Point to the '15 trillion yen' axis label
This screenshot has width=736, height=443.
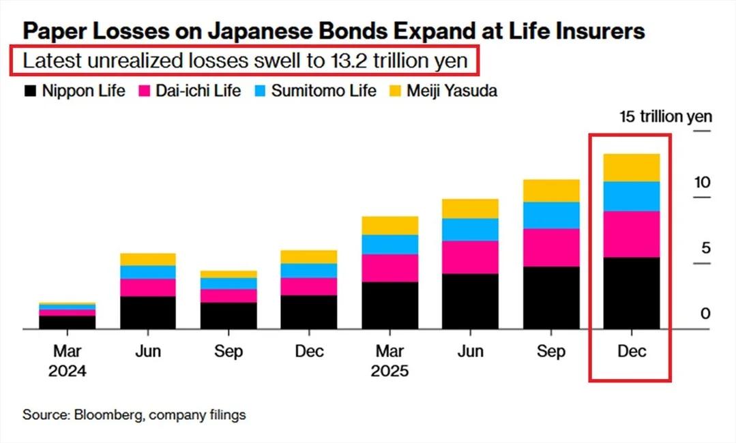pyautogui.click(x=665, y=117)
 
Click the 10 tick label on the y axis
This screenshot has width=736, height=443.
pyautogui.click(x=702, y=183)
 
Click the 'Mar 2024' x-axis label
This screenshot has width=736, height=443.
pyautogui.click(x=67, y=361)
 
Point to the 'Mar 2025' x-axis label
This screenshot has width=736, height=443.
pyautogui.click(x=389, y=361)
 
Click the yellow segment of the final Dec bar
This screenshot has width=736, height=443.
pyautogui.click(x=632, y=168)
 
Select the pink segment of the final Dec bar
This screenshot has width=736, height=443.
pyautogui.click(x=632, y=234)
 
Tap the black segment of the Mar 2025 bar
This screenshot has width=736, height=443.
pyautogui.click(x=389, y=305)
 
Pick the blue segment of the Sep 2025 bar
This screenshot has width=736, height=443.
pyautogui.click(x=551, y=215)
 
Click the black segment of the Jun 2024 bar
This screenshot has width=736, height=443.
pyautogui.click(x=147, y=312)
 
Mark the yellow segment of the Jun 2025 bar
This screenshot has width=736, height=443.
pyautogui.click(x=470, y=209)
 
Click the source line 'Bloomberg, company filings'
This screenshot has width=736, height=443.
pyautogui.click(x=134, y=414)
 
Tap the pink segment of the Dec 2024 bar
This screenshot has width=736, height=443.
pyautogui.click(x=309, y=286)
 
